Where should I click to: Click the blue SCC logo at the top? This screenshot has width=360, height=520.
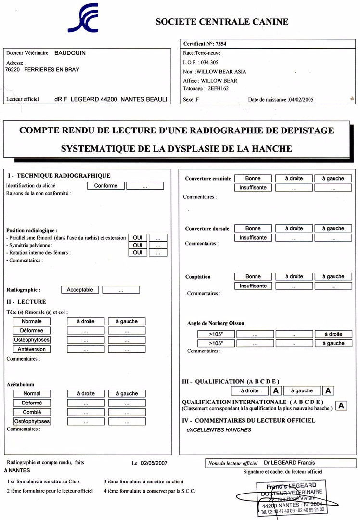pyautogui.click(x=83, y=18)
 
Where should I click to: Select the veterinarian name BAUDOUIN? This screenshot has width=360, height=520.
pyautogui.click(x=70, y=53)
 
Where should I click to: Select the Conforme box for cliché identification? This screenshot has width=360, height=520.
pyautogui.click(x=105, y=185)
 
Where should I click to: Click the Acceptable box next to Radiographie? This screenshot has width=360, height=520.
pyautogui.click(x=80, y=290)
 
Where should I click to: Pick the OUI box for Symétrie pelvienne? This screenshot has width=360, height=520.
pyautogui.click(x=137, y=245)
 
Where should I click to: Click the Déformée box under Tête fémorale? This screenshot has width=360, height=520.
pyautogui.click(x=32, y=331)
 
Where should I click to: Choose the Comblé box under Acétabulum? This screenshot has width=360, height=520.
pyautogui.click(x=32, y=412)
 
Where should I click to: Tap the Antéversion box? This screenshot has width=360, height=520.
pyautogui.click(x=32, y=349)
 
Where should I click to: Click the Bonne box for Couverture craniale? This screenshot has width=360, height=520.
pyautogui.click(x=253, y=178)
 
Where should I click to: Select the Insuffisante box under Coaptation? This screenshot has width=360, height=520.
pyautogui.click(x=253, y=286)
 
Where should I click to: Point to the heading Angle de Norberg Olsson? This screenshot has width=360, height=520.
pyautogui.click(x=216, y=323)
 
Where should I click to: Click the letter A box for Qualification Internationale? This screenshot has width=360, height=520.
pyautogui.click(x=341, y=405)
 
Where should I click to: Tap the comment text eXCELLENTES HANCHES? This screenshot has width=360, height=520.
pyautogui.click(x=219, y=429)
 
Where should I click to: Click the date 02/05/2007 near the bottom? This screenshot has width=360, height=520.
pyautogui.click(x=154, y=463)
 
